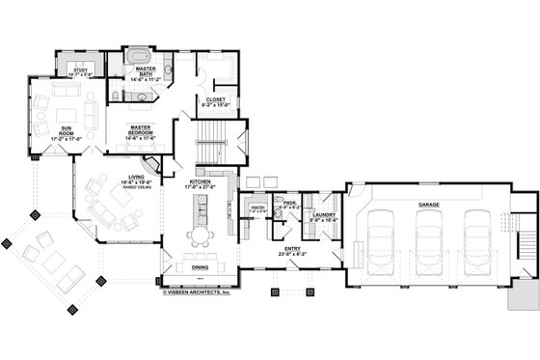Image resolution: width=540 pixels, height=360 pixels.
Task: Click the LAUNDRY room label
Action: pyautogui.click(x=322, y=217)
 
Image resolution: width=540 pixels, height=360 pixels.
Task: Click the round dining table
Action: pyautogui.click(x=199, y=235)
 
